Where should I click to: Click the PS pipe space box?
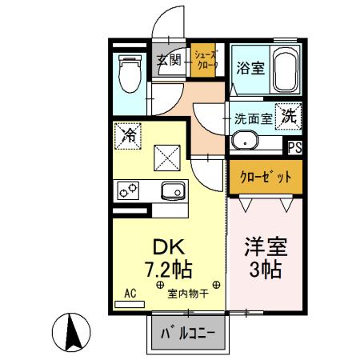[x=295, y=146]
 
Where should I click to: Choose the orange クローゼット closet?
[x=266, y=177]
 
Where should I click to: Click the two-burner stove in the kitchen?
[x=129, y=190]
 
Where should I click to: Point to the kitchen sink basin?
[x=173, y=190]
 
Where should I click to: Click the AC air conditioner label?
[x=130, y=293]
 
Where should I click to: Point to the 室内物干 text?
[x=188, y=294]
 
